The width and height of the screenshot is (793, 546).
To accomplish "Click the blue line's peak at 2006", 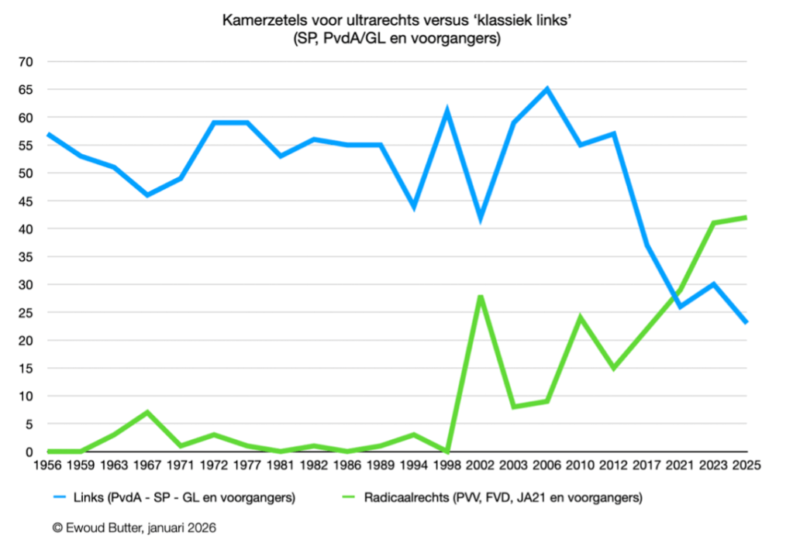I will (547, 89).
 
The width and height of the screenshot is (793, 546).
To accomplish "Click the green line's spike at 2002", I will (481, 296).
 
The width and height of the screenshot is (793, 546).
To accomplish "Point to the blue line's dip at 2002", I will (481, 218).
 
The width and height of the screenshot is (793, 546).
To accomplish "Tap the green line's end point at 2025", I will (746, 218).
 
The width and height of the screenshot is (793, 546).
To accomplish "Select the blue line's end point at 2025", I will (746, 323).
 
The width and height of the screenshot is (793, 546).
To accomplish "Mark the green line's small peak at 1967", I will (147, 413).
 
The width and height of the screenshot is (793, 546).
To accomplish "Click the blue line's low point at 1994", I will (414, 207).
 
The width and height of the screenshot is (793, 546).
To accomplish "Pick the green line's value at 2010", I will (581, 318).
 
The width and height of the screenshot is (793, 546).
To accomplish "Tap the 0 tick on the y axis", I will (32, 452).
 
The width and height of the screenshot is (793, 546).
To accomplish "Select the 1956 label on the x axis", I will (47, 466).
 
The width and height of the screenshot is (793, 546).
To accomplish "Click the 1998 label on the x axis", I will (447, 466).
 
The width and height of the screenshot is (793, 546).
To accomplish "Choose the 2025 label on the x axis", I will (746, 466).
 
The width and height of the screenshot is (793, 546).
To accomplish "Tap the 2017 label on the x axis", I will (647, 466).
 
